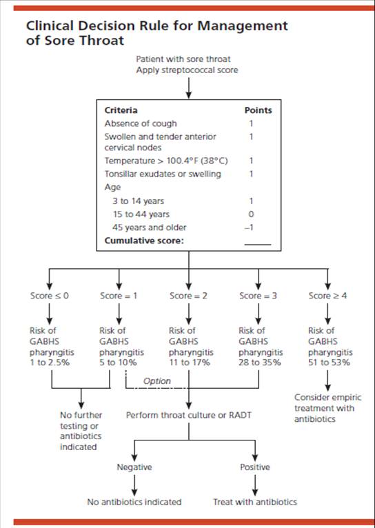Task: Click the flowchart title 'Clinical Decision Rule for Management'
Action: click(156, 26)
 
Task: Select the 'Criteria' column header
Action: click(121, 110)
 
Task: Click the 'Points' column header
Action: click(258, 110)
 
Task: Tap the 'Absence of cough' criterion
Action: click(141, 123)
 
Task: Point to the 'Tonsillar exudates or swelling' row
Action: click(163, 174)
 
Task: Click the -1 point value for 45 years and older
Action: click(251, 227)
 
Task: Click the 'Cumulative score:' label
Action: click(144, 241)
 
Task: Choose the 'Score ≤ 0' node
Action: click(49, 296)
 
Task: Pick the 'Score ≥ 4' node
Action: click(328, 296)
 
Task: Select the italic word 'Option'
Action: click(156, 380)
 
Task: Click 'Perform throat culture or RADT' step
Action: click(188, 416)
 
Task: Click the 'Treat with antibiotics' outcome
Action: click(254, 502)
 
